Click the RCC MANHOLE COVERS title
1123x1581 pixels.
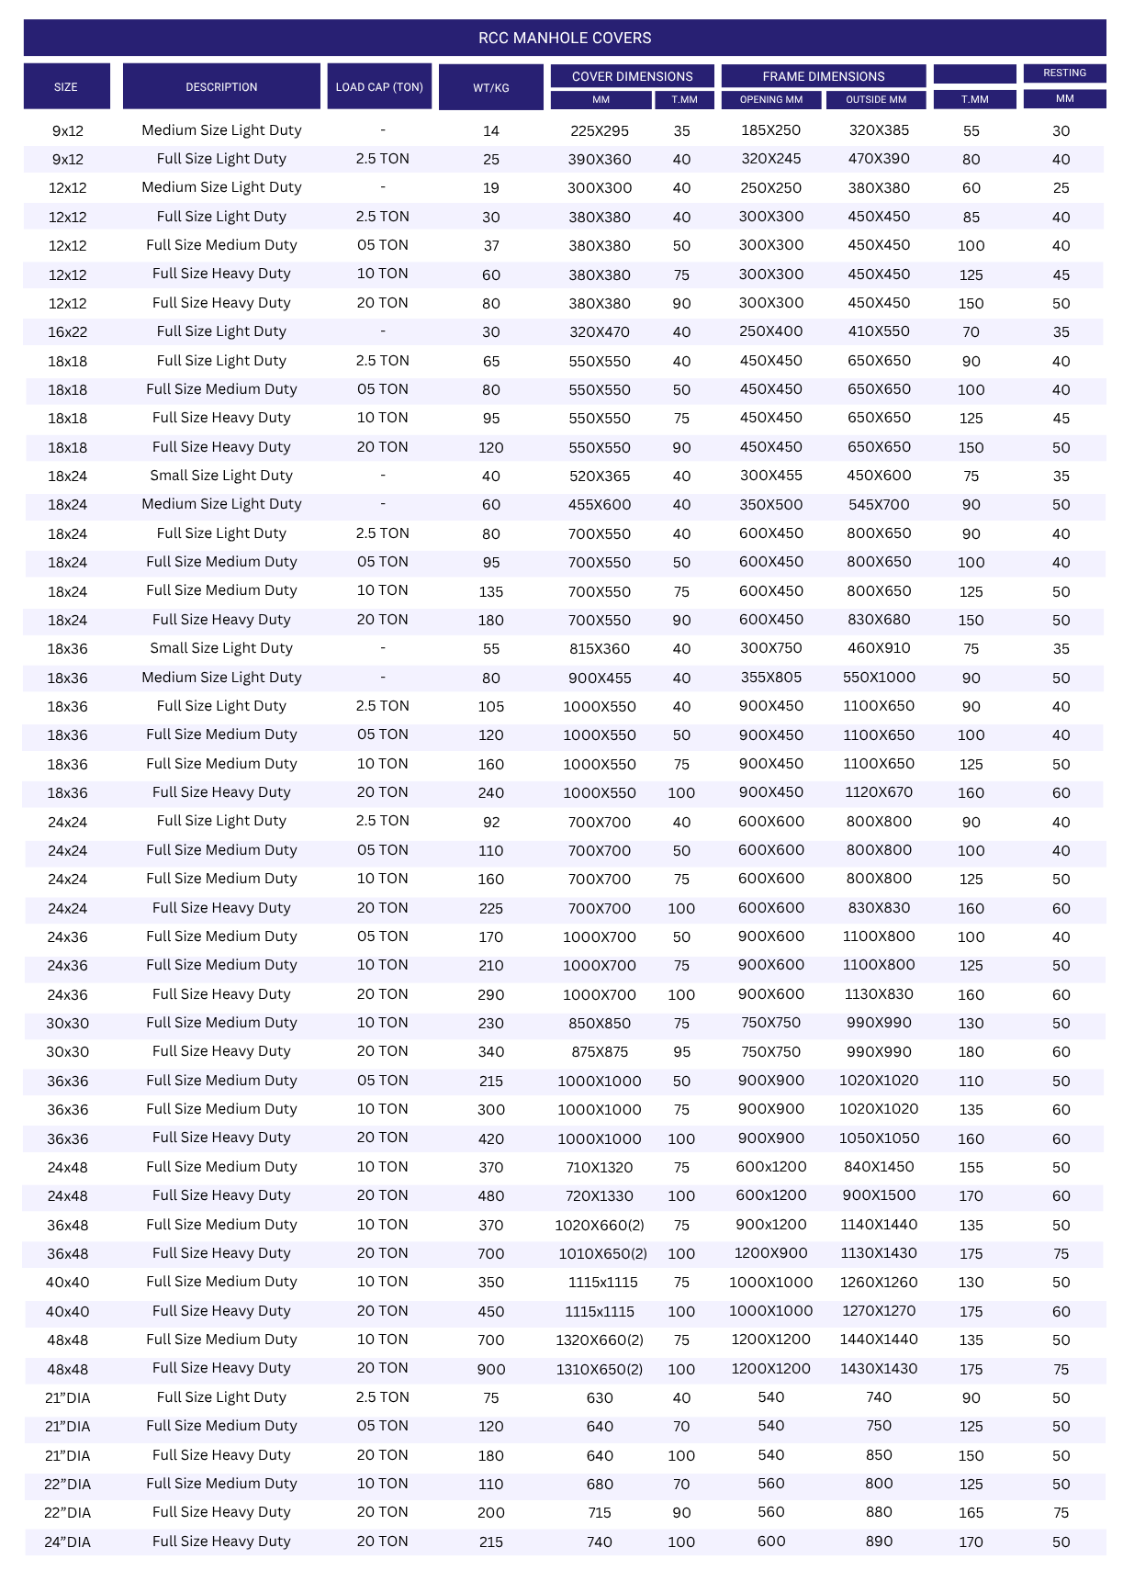tap(565, 38)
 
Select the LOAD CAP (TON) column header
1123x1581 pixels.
tap(379, 87)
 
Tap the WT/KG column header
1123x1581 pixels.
tap(491, 87)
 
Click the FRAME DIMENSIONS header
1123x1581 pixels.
tap(824, 76)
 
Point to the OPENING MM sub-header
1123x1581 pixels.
tap(771, 99)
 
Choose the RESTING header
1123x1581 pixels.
tap(1064, 73)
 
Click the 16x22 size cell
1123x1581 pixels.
tap(67, 332)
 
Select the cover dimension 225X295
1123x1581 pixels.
tap(600, 131)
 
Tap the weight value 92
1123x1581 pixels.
tap(491, 822)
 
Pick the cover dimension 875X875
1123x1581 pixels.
tap(600, 1052)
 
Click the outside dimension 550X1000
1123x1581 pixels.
tap(879, 678)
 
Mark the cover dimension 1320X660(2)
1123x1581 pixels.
tap(600, 1340)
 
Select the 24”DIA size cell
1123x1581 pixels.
tap(67, 1542)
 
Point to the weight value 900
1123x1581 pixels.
tap(491, 1369)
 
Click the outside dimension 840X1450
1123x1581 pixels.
tap(879, 1167)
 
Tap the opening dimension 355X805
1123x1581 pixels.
tap(771, 678)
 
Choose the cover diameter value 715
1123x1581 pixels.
tap(600, 1513)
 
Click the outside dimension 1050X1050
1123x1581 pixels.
tap(879, 1138)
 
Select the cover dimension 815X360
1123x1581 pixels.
tap(600, 649)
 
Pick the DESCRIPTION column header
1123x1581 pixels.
tap(221, 87)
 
